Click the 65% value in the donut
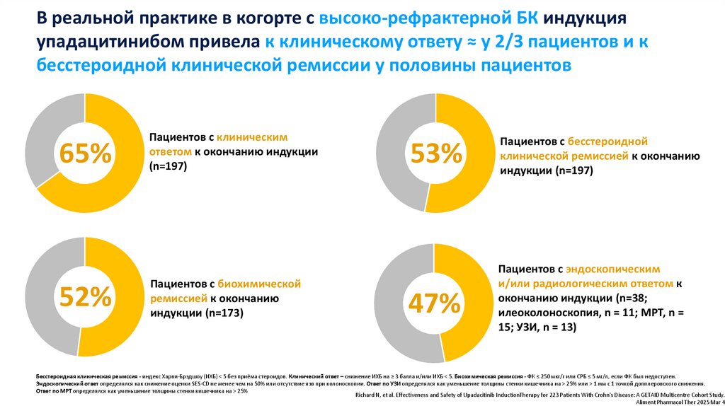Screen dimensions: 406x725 pyautogui.click(x=84, y=153)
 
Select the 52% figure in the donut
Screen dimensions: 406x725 pyautogui.click(x=84, y=297)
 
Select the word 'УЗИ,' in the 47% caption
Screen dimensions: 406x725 pyautogui.click(x=525, y=327)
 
